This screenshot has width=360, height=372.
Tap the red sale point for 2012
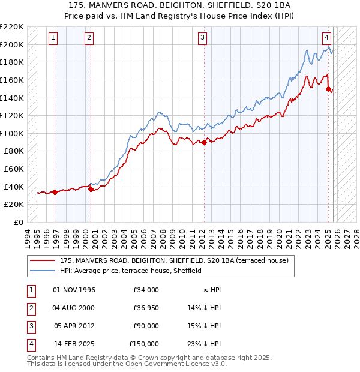pos(204,142)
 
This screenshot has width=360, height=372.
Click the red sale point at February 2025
pos(328,89)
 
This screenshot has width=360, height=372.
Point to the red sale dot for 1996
pos(55,192)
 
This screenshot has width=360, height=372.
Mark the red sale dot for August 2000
pos(91,189)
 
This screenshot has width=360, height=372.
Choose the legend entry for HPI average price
pos(131,271)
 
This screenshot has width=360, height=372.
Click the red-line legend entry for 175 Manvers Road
pos(174,260)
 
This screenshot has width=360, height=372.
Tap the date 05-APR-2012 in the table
pos(74,326)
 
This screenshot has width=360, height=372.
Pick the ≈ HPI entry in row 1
pos(212,290)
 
